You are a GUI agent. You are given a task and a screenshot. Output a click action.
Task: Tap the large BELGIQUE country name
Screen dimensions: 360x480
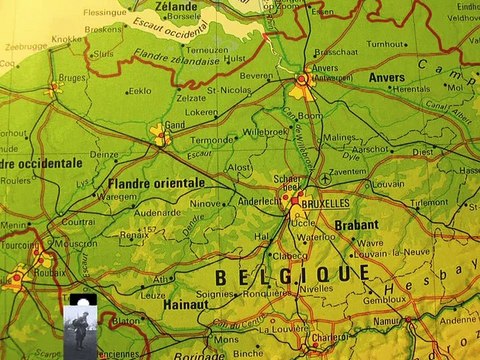click(292, 274)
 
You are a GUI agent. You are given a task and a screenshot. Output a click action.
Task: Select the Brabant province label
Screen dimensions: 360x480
click(356, 225)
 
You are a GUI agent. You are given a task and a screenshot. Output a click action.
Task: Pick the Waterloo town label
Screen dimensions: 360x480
click(317, 237)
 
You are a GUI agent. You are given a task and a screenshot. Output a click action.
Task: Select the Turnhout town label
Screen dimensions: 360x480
click(386, 44)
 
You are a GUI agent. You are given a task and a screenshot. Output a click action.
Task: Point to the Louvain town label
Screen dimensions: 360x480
click(388, 184)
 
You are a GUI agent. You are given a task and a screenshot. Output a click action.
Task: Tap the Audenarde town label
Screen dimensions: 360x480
click(158, 212)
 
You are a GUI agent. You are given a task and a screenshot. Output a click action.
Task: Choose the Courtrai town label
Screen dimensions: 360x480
click(78, 222)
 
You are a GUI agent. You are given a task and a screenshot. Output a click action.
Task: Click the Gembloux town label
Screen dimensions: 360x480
click(385, 299)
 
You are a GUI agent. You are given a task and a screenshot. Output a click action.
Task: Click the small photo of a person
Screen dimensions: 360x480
click(79, 322)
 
